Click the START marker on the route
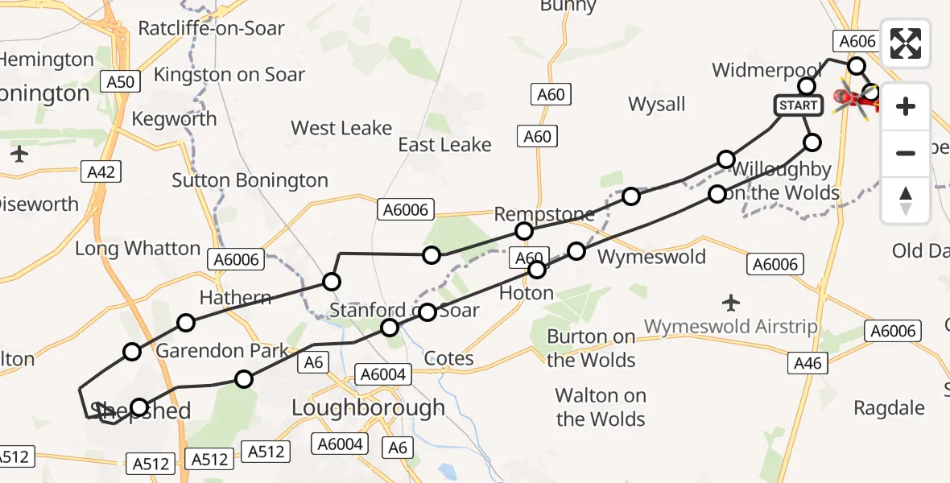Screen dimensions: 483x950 799,105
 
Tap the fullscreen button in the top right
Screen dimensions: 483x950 906,43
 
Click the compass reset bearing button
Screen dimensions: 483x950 906,200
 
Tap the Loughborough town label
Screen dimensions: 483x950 368,407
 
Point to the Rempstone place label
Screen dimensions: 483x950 544,214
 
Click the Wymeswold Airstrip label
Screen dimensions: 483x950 730,327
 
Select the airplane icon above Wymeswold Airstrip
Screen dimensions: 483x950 731,303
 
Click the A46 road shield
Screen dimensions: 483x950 807,364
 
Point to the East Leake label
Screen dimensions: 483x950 444,145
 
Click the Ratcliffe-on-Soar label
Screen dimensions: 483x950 211,28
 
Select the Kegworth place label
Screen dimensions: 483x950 174,119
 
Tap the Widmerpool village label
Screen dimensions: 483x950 765,71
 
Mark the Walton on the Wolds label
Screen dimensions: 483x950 601,407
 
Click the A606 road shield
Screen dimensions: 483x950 857,42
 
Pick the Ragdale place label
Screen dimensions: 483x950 889,408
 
